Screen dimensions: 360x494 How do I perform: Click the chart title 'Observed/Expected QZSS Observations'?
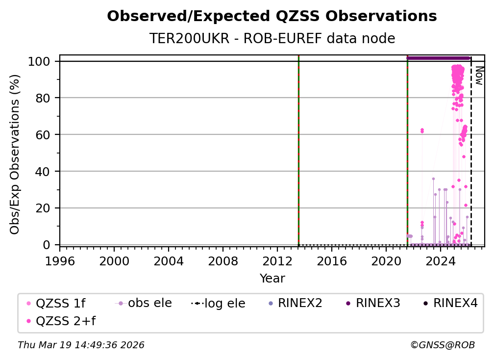pos(272,17)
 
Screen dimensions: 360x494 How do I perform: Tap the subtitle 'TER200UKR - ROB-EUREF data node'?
pos(272,38)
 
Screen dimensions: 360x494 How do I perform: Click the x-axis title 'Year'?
pos(272,279)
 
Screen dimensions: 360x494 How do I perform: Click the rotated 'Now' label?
pos(479,76)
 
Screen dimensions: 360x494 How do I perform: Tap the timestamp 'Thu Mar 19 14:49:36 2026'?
pos(81,345)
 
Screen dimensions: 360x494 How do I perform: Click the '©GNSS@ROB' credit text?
pos(442,345)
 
